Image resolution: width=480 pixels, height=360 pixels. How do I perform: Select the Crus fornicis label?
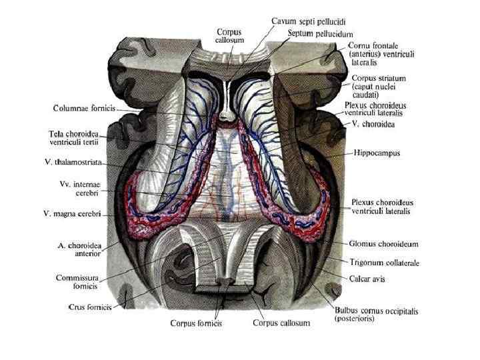click(89, 307)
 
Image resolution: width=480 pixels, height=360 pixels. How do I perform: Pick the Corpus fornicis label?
click(196, 324)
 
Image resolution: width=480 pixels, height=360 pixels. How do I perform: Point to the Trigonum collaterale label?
click(384, 263)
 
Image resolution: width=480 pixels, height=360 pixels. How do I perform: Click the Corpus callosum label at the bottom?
click(281, 324)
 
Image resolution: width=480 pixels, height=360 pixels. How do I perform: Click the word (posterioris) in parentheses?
click(355, 319)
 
